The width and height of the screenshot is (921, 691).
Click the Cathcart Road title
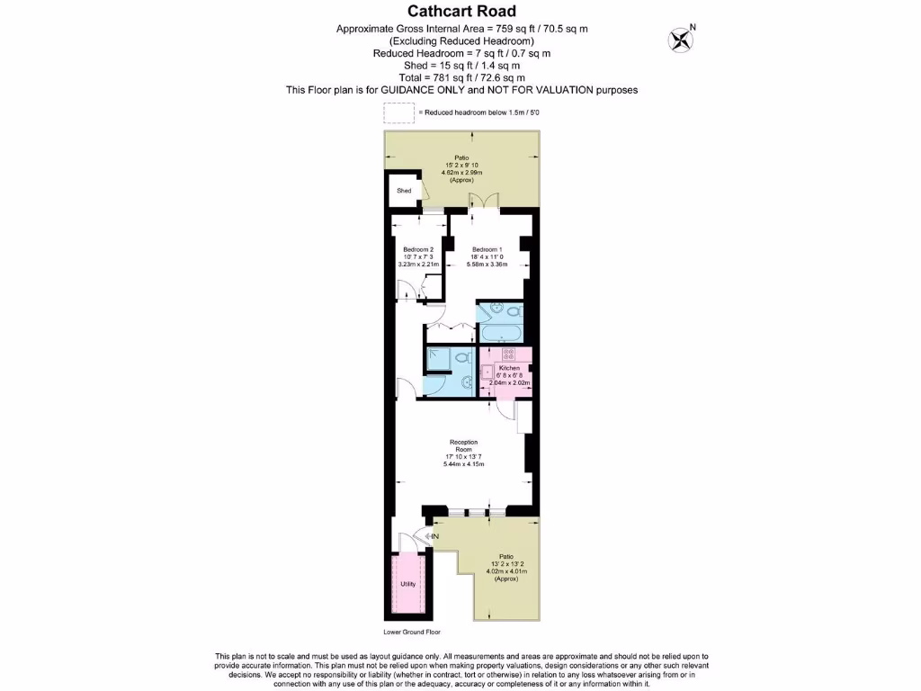[x=462, y=12]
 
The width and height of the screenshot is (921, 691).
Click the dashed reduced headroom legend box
[x=398, y=113]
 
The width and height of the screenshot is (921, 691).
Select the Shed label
[x=404, y=191]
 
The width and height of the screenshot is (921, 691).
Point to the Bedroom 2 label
[x=418, y=249]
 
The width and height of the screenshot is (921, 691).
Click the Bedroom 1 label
[x=487, y=249]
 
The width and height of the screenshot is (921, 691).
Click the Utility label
[x=408, y=585]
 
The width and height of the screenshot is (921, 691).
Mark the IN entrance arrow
[x=433, y=537]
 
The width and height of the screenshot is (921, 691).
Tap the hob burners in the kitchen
[x=508, y=354]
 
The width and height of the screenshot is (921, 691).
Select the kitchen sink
[x=488, y=371]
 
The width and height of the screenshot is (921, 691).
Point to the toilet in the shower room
[x=462, y=357]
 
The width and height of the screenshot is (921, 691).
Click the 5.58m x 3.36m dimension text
[x=487, y=264]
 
